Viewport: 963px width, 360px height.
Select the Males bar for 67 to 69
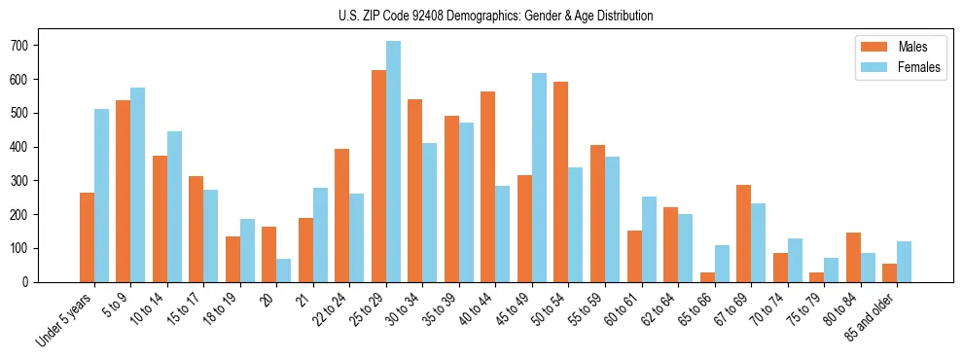pos(743,234)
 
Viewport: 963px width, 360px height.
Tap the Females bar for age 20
pos(284,270)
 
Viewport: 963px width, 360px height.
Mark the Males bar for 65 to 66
pos(707,277)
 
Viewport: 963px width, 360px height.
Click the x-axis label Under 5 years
pos(65,317)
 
